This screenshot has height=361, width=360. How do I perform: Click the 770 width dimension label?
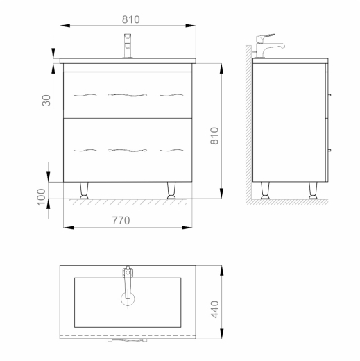121,220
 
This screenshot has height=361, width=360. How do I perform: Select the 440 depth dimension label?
214,309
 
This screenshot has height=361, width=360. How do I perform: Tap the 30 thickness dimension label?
46,101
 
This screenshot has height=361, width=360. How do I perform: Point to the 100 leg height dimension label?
42,197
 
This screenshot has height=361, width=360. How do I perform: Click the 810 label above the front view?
131,19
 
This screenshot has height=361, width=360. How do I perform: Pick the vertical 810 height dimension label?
214,136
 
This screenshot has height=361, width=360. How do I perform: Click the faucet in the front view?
128,46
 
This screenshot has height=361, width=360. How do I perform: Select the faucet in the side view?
268,46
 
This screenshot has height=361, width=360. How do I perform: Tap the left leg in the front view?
84,190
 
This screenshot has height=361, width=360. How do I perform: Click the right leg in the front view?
171,190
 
